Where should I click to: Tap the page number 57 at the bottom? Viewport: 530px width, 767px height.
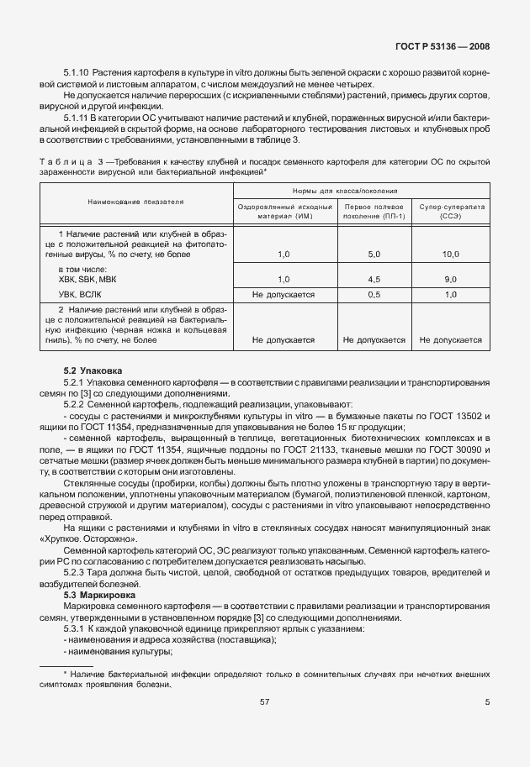tap(264, 725)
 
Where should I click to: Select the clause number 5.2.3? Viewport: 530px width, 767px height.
tap(76, 572)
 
